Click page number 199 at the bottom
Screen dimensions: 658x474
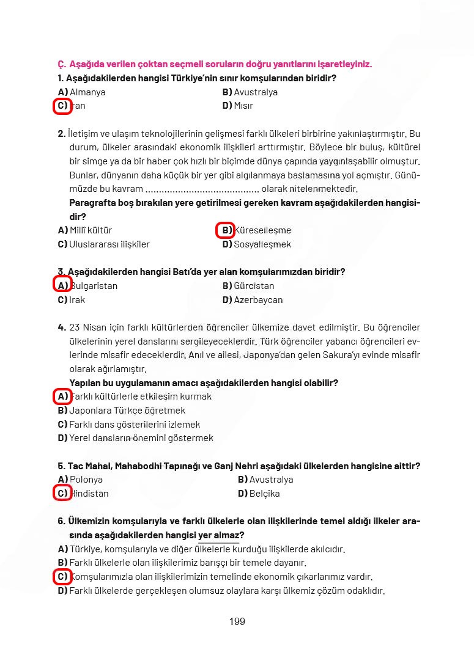237,621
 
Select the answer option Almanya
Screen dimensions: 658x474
87,92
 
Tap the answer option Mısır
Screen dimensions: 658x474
243,106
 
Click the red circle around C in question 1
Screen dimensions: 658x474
62,106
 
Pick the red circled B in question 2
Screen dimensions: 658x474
226,230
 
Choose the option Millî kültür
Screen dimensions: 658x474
91,230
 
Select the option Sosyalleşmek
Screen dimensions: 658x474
262,244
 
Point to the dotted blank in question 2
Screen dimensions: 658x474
202,189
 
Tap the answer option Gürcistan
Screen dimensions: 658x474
254,286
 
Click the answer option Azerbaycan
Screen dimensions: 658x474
258,300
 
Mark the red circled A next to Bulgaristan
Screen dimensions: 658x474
62,285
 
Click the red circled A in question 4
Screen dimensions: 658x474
62,397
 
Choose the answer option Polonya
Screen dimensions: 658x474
86,480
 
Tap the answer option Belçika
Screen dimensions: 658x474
264,494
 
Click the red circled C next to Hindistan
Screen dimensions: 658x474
62,493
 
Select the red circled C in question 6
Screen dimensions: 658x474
62,577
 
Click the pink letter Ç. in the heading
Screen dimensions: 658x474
61,64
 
